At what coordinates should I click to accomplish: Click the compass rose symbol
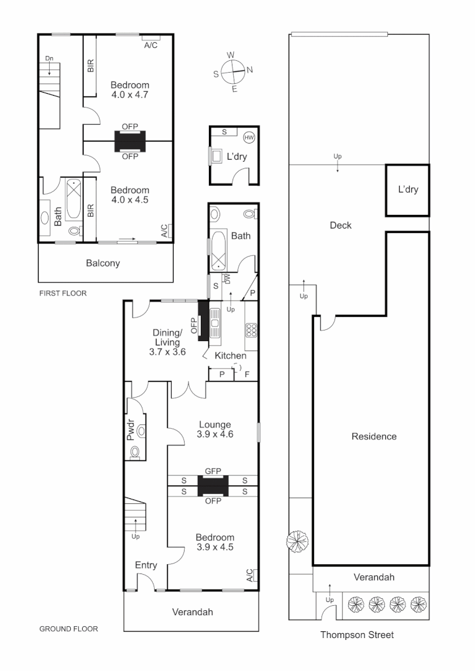[x=233, y=71]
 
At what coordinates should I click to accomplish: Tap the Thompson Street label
[x=357, y=635]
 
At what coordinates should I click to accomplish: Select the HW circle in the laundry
[x=249, y=137]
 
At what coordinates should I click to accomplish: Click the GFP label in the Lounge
[x=213, y=472]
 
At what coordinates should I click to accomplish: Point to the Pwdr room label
[x=131, y=432]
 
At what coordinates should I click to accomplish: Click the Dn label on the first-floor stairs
[x=49, y=58]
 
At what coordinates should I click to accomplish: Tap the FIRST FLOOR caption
[x=63, y=293]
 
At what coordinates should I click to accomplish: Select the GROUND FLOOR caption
[x=68, y=629]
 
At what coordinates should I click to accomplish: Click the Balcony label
[x=103, y=263]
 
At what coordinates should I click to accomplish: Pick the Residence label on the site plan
[x=374, y=437]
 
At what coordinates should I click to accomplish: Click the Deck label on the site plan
[x=340, y=226]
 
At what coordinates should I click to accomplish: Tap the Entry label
[x=146, y=565]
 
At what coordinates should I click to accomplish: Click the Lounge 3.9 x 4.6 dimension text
[x=214, y=435]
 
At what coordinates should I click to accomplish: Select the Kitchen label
[x=230, y=356]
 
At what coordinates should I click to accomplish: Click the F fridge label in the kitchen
[x=247, y=375]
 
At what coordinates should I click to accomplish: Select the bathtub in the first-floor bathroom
[x=74, y=199]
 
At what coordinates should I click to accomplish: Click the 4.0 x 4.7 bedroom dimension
[x=130, y=95]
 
